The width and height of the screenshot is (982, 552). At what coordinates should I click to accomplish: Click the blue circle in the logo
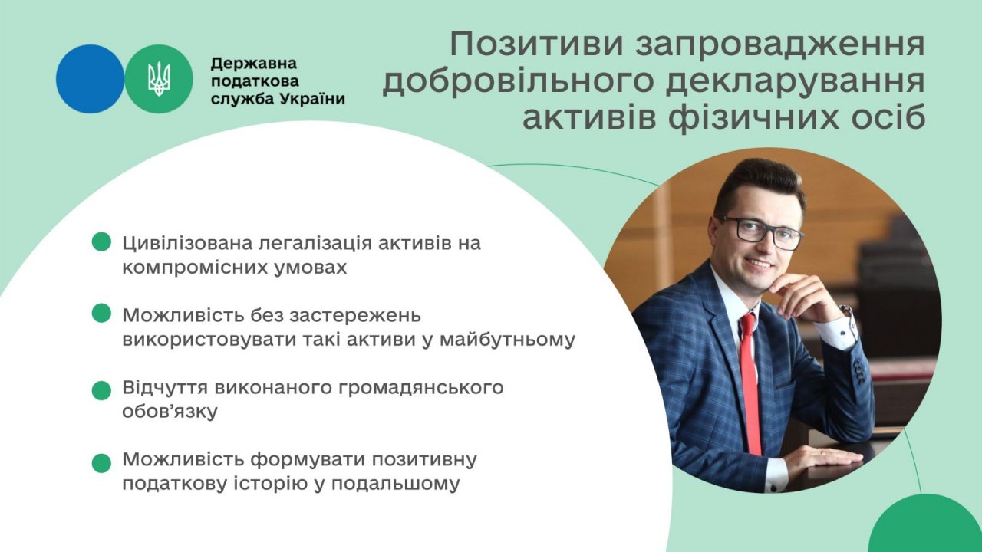pos(90,79)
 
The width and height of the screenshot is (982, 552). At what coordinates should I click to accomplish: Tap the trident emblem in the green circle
pos(159,79)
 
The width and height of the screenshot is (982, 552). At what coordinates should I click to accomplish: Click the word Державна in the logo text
pos(254,64)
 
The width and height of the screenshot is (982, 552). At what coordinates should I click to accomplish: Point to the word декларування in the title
pos(795,82)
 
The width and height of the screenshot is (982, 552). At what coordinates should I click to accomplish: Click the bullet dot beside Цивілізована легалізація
pos(101,242)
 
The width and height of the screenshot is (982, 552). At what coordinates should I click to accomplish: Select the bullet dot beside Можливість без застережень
pos(101,313)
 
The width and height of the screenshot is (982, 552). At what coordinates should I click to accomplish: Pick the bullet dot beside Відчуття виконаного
pos(101,390)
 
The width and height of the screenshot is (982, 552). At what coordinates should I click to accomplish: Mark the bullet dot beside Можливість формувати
pos(101,463)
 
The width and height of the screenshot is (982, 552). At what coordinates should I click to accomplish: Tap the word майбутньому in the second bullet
pos(507,340)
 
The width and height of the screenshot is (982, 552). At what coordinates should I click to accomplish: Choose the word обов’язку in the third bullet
pos(170,412)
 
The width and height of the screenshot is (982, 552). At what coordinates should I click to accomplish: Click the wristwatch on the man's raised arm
pos(845,314)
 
